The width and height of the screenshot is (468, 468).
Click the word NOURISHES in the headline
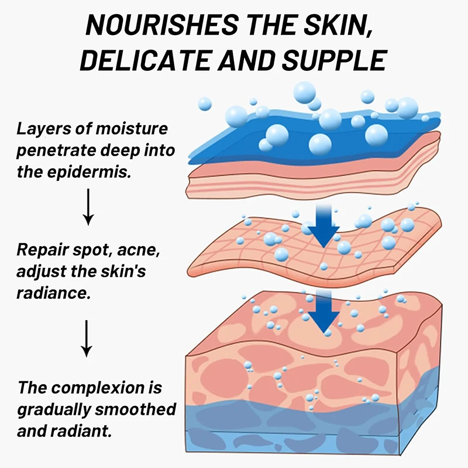163,25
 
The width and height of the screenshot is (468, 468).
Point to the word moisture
132,128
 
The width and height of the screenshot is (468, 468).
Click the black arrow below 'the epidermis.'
88,207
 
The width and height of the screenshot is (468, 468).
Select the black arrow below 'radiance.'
86,338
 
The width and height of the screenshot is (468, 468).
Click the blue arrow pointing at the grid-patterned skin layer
324,226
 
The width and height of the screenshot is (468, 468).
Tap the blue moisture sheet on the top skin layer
314,137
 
